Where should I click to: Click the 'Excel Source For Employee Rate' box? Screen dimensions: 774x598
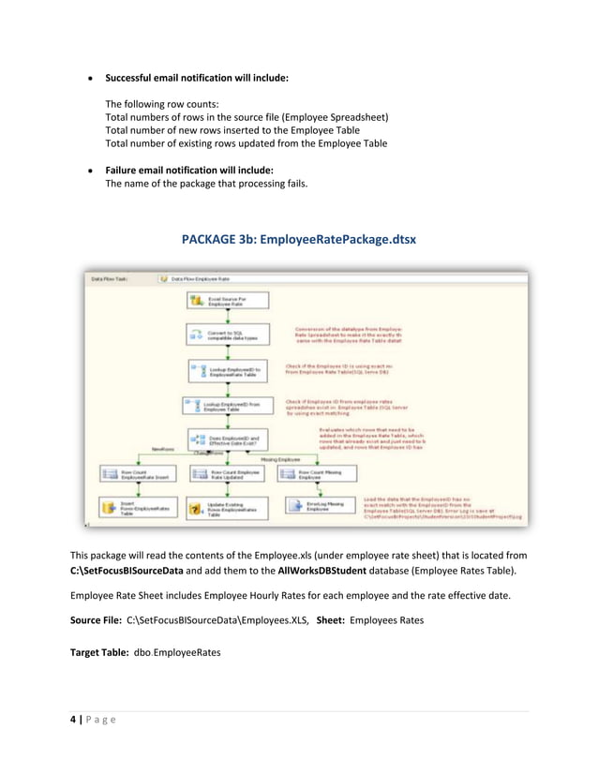(x=228, y=301)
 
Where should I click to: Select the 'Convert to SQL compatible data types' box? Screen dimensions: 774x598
(x=228, y=335)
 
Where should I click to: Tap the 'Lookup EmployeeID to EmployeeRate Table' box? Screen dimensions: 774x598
(x=228, y=371)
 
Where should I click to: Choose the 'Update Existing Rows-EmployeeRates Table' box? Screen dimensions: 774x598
(x=228, y=510)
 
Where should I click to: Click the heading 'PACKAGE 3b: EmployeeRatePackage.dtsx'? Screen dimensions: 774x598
(x=299, y=241)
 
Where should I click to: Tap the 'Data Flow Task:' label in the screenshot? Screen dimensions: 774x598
(x=111, y=278)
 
